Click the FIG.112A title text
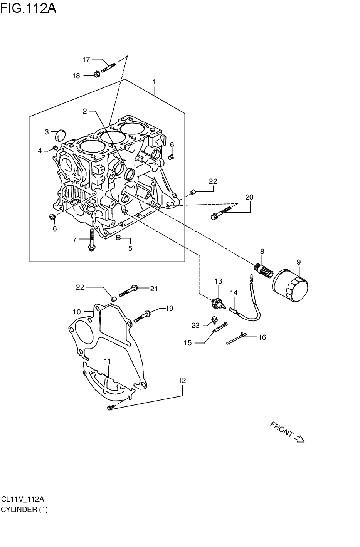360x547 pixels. coord(29,8)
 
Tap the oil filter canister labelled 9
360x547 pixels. coord(290,285)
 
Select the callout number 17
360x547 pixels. coord(86,60)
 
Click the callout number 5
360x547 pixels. coord(130,248)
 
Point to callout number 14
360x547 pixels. coord(234,292)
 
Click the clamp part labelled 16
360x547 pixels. coord(237,338)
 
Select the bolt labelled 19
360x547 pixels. coord(141,316)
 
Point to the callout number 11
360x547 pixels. coord(108,361)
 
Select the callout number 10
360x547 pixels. coord(76,312)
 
